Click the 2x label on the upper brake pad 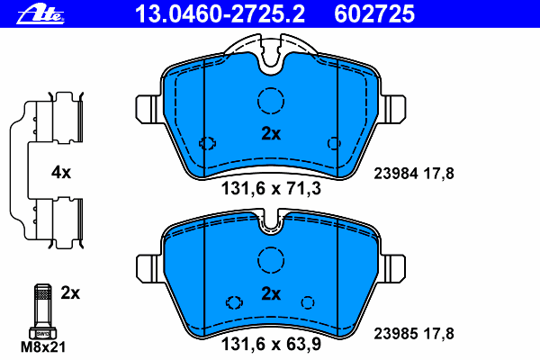tap(271, 134)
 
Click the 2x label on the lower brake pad tap(271, 293)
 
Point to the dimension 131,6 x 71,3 tap(271, 189)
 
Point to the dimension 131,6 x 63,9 tap(271, 343)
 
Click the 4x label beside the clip tap(59, 171)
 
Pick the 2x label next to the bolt tap(70, 292)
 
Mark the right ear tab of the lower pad tap(396, 267)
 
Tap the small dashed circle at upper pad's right tap(334, 142)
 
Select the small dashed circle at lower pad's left tap(235, 302)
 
